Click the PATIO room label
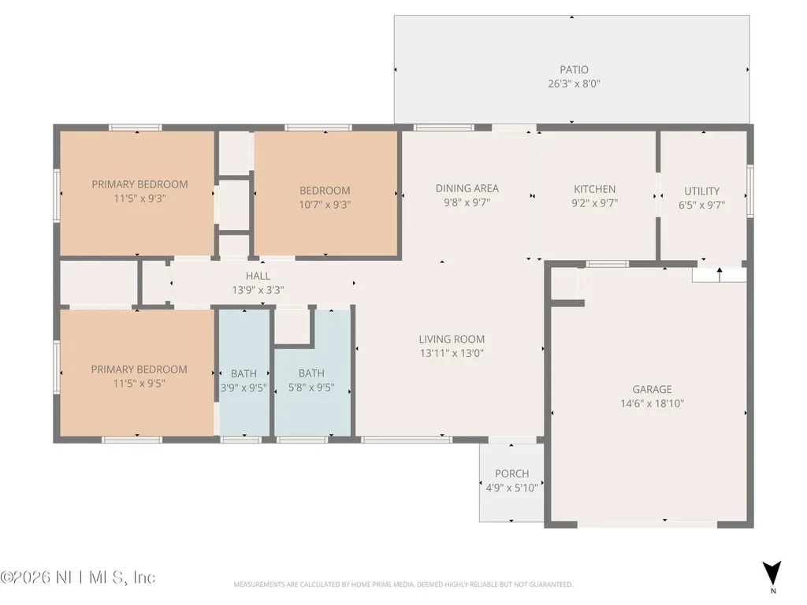pos(574,69)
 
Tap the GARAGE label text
pos(652,389)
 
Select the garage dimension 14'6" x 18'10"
pos(652,403)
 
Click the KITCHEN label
pos(594,189)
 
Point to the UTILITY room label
pos(701,191)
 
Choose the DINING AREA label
pos(467,188)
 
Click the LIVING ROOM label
pos(452,339)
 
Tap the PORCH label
pos(511,473)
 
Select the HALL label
pos(258,276)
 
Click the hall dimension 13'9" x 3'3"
pos(258,290)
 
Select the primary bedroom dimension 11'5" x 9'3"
pos(139,198)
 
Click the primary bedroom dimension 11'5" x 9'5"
pos(139,384)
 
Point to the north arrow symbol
pos(772,573)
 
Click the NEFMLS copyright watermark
pos(78,577)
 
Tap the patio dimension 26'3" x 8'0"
pos(574,84)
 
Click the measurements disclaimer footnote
pos(403,585)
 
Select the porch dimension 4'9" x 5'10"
pos(511,487)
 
